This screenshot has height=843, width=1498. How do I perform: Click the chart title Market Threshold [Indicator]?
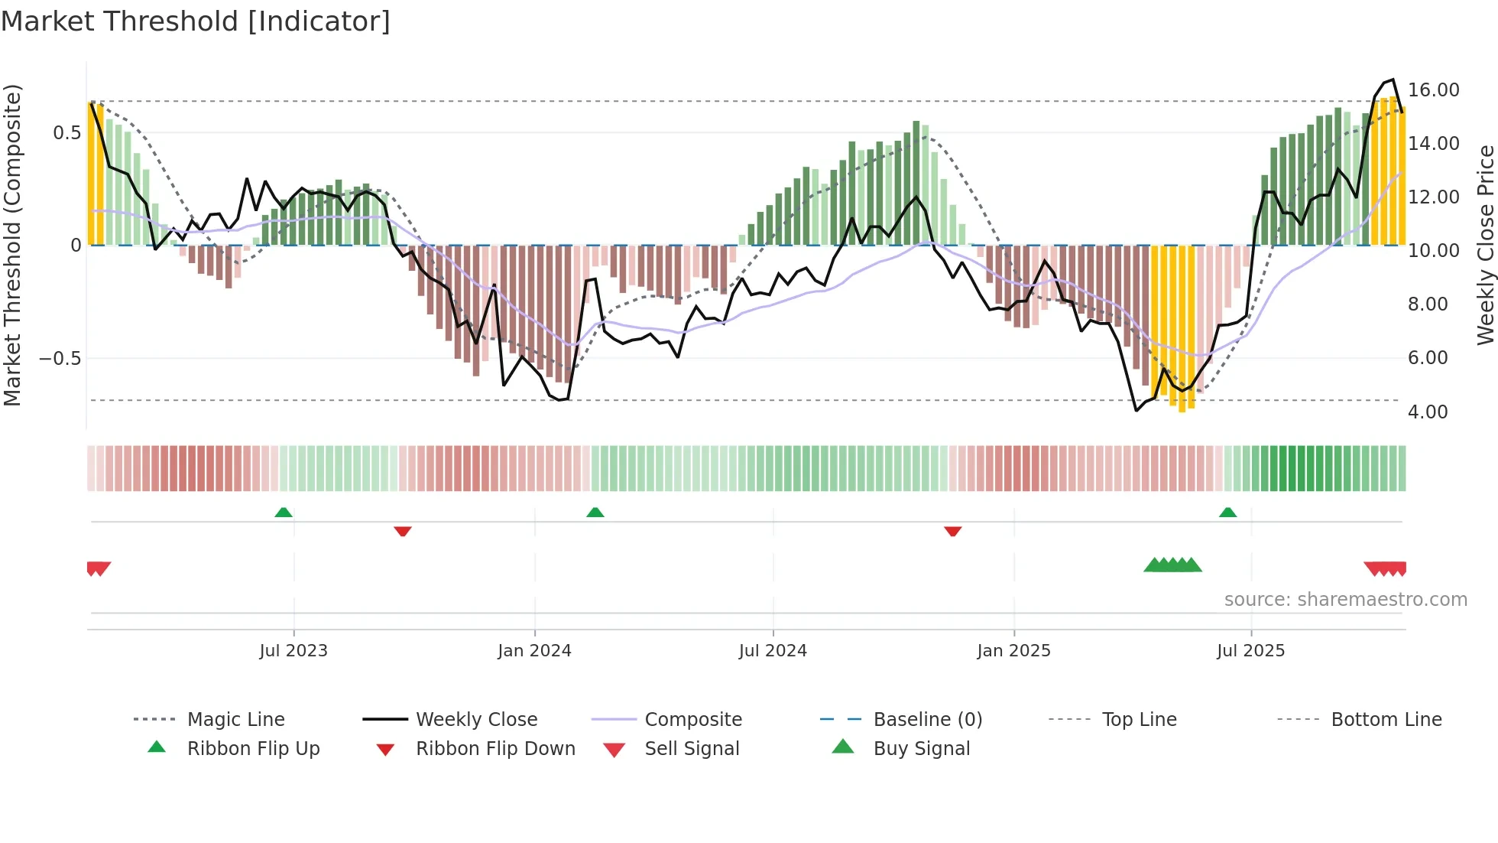click(196, 21)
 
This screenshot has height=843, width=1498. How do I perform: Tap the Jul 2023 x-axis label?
click(293, 651)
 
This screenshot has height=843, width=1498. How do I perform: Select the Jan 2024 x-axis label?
click(534, 651)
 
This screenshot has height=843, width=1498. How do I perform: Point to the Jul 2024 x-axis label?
click(773, 651)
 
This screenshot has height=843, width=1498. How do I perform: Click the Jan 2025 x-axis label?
click(1013, 651)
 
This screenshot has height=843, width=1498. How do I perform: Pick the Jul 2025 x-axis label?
click(1250, 651)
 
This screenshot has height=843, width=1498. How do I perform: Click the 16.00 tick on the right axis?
click(1433, 90)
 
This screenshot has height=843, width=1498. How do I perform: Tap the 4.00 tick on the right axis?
click(1428, 412)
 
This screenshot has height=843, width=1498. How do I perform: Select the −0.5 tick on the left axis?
click(60, 359)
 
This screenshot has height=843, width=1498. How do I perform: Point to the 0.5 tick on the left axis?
click(66, 133)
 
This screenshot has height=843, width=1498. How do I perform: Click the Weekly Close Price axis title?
click(1485, 245)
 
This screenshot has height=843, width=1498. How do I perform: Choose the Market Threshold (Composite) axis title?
click(12, 245)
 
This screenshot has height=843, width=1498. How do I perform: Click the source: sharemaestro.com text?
click(1345, 600)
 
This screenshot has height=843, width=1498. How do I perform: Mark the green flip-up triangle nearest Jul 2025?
click(1227, 513)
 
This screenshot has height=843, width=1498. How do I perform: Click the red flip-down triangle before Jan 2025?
click(952, 531)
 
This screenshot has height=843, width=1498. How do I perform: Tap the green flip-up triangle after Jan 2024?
click(595, 513)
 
